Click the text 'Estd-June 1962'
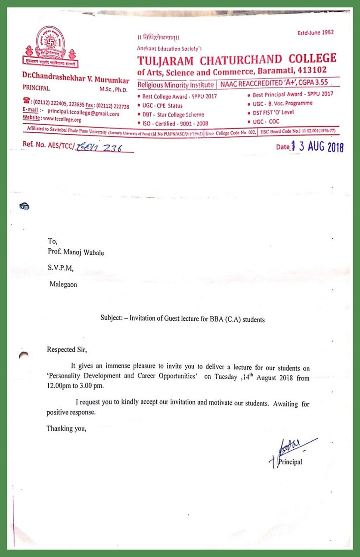coord(316,32)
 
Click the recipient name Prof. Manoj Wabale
coord(76,252)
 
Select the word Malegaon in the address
coord(63,284)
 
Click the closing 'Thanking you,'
coord(66,428)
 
